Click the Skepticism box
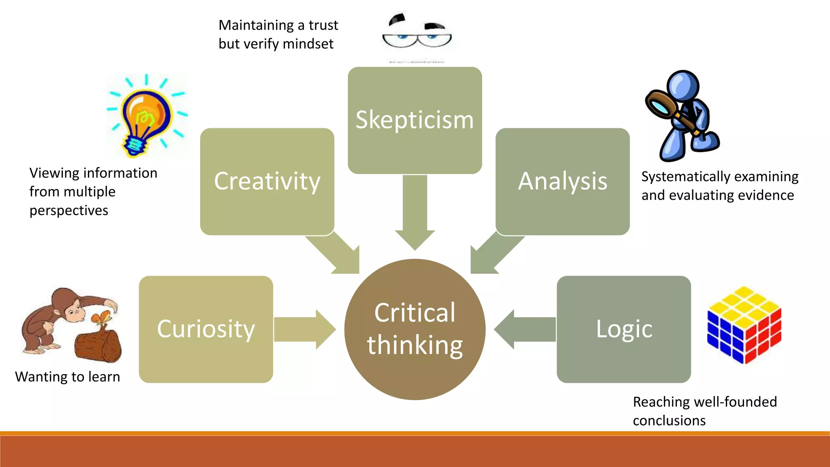tap(415, 120)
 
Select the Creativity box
tap(267, 181)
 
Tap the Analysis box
tap(563, 181)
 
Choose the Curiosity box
tap(206, 329)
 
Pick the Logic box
tap(624, 329)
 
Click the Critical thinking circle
tap(415, 329)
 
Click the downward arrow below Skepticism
tap(415, 211)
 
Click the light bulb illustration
tap(146, 116)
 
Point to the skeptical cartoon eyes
tap(417, 34)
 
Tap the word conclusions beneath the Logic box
tap(669, 421)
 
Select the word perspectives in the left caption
tap(69, 211)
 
